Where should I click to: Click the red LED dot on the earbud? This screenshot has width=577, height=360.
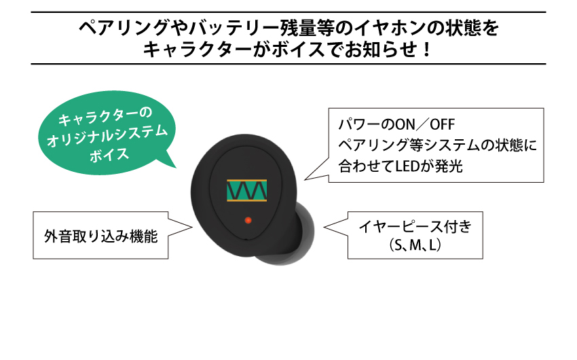248,220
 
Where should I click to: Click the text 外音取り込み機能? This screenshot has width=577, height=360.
101,236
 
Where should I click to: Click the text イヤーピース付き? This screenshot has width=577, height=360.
416,227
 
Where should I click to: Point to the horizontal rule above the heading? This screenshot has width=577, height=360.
288,12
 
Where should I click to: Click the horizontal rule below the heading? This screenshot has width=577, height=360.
288,64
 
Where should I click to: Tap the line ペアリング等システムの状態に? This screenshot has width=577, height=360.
437,145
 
